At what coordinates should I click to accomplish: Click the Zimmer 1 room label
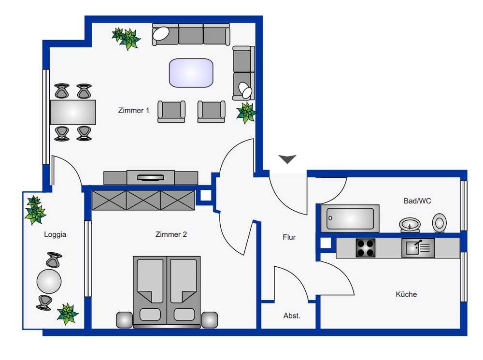pyautogui.click(x=134, y=110)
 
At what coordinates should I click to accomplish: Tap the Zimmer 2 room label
pyautogui.click(x=171, y=234)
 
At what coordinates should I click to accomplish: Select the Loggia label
pyautogui.click(x=55, y=234)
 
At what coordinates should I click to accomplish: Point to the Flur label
pyautogui.click(x=289, y=237)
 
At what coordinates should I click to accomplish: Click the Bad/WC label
pyautogui.click(x=417, y=201)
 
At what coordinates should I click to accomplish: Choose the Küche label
pyautogui.click(x=406, y=294)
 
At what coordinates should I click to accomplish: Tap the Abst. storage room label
pyautogui.click(x=291, y=316)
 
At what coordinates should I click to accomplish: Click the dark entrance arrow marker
pyautogui.click(x=287, y=159)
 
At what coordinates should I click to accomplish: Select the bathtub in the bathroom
pyautogui.click(x=350, y=218)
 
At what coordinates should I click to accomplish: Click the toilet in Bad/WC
pyautogui.click(x=439, y=223)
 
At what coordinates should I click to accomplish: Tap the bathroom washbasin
pyautogui.click(x=410, y=225)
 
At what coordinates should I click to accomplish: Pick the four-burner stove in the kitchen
pyautogui.click(x=366, y=248)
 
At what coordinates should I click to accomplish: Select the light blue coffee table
pyautogui.click(x=191, y=73)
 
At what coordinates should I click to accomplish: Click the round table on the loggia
pyautogui.click(x=49, y=281)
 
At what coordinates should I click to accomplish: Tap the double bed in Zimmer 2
pyautogui.click(x=167, y=291)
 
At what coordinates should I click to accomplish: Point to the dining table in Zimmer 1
pyautogui.click(x=73, y=112)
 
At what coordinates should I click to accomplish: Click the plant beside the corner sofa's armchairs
pyautogui.click(x=246, y=113)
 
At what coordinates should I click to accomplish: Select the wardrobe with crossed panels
pyautogui.click(x=143, y=201)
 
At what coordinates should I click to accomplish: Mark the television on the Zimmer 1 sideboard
pyautogui.click(x=150, y=177)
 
